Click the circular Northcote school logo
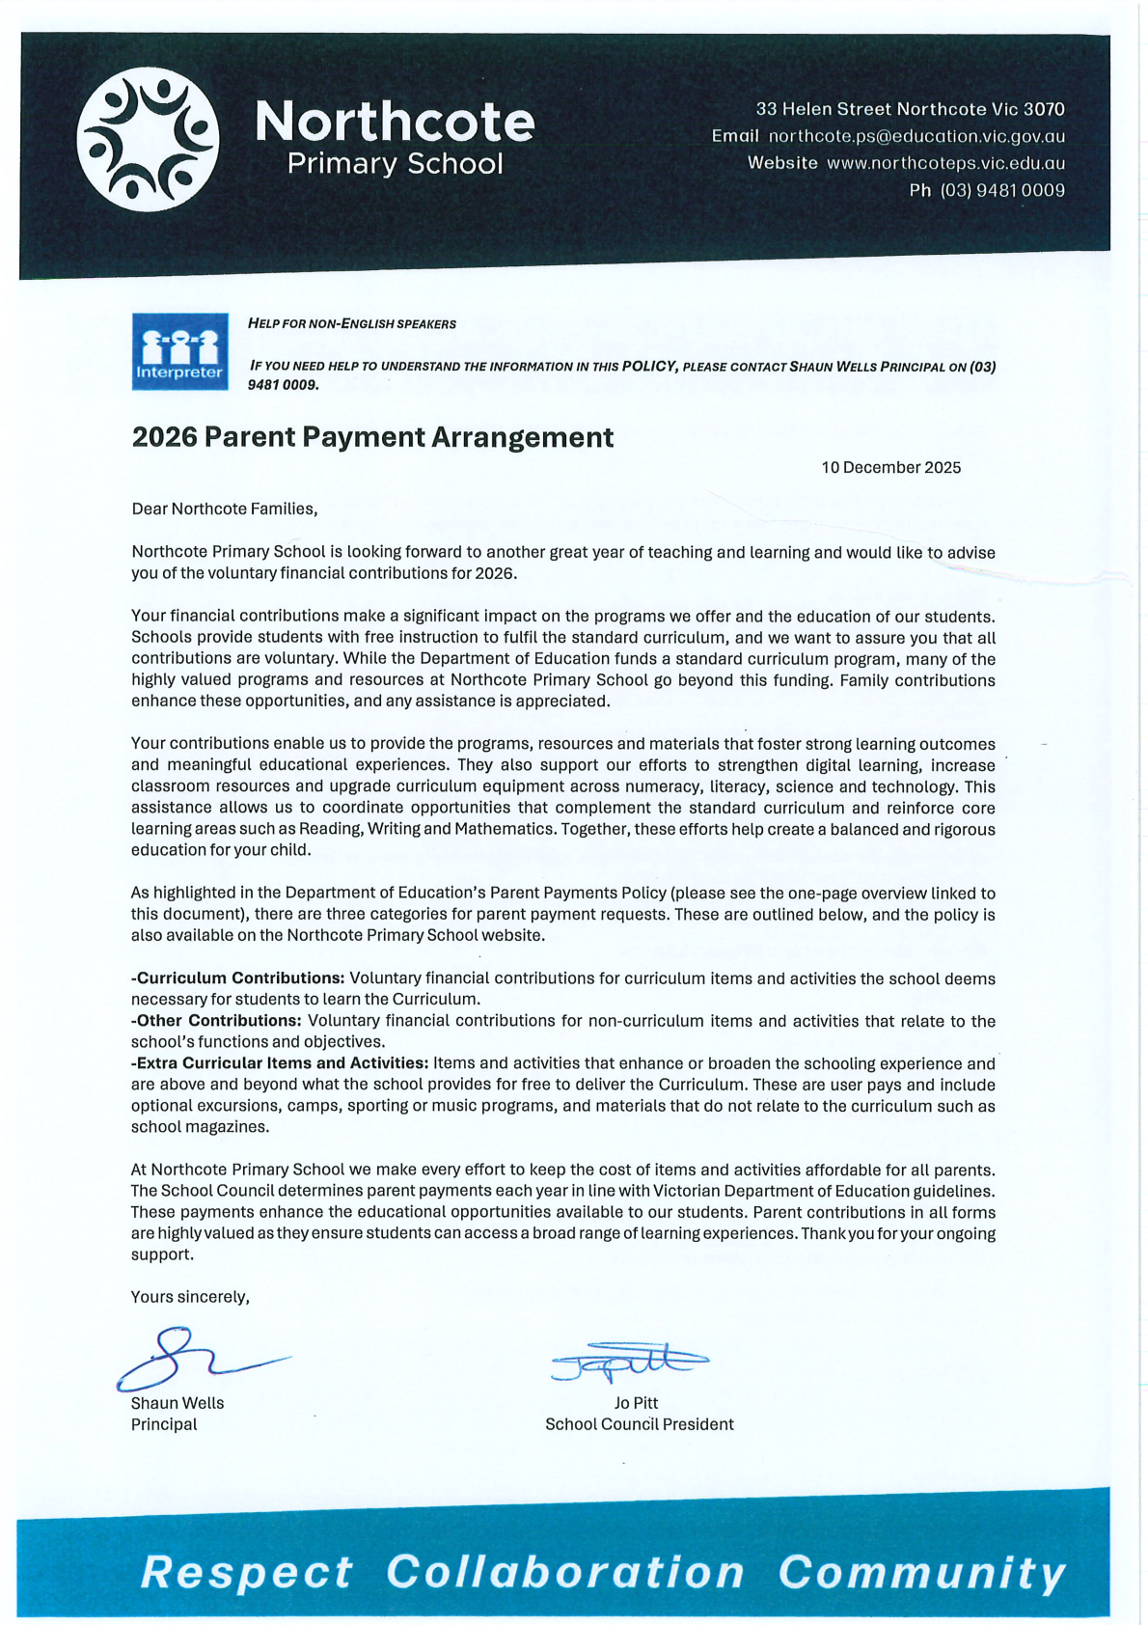point(148,139)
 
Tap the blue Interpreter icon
point(179,351)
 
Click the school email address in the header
point(916,137)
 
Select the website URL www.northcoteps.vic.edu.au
point(945,164)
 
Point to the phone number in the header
point(1002,191)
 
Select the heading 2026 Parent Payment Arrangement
point(372,437)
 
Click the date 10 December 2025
point(890,468)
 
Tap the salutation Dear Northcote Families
point(224,509)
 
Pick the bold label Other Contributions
point(218,1021)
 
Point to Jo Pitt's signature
point(629,1361)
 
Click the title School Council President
point(639,1424)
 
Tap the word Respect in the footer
point(247,1572)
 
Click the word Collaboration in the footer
point(565,1572)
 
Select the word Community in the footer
point(921,1572)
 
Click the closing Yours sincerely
point(190,1297)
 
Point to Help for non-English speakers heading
point(352,324)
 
